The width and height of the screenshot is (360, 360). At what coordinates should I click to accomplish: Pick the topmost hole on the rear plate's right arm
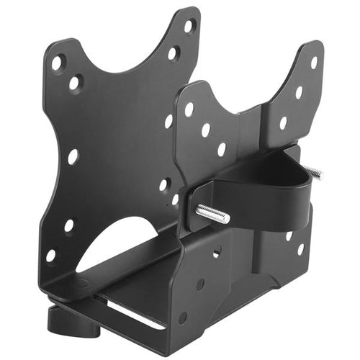[x=189, y=27]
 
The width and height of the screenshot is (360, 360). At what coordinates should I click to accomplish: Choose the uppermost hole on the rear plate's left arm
[x=57, y=63]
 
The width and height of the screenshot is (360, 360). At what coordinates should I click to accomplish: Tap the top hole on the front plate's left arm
[x=189, y=109]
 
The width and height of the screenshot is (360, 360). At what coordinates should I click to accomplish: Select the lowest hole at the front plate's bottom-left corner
[x=183, y=317]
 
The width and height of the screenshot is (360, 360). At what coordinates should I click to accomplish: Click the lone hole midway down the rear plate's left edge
[x=73, y=156]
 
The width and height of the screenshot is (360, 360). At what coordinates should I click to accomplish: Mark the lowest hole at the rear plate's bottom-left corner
[x=51, y=254]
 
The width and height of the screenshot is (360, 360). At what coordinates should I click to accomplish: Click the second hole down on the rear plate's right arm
[x=174, y=53]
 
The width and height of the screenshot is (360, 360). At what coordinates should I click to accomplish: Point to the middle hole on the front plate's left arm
[x=206, y=130]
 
